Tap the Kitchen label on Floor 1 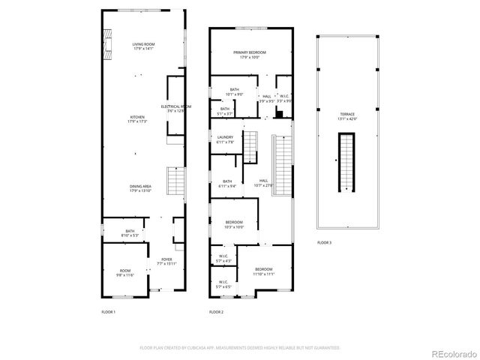tap(137, 119)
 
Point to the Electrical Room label tap(175, 109)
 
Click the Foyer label tap(166, 262)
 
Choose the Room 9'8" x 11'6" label tap(124, 272)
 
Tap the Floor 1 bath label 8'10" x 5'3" tap(130, 233)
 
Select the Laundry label tap(225, 139)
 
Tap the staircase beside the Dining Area tap(175, 180)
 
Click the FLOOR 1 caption tap(108, 311)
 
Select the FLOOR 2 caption tap(216, 311)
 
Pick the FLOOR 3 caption tap(324, 243)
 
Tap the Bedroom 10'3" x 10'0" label tap(235, 224)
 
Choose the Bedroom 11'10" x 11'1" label tap(264, 271)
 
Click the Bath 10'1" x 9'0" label tap(235, 92)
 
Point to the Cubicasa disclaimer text tap(240, 347)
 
